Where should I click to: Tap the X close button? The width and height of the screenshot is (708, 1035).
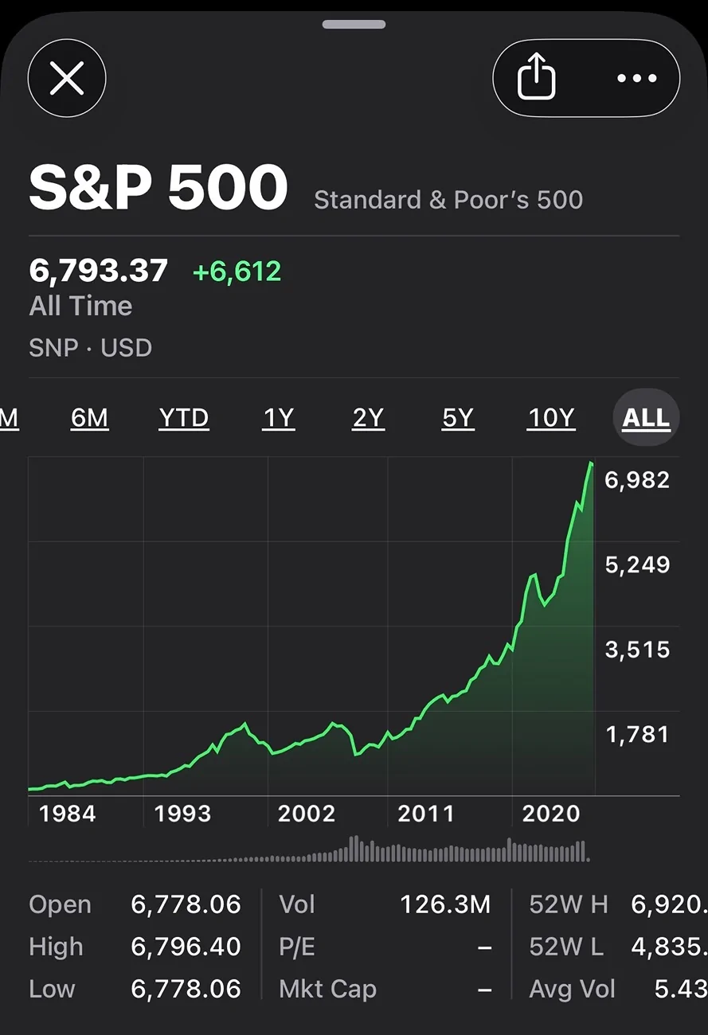(x=67, y=79)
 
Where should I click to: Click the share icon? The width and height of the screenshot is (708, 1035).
(x=536, y=79)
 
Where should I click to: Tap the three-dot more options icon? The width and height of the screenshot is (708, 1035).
(x=636, y=79)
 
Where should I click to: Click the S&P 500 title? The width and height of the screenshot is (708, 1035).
(x=158, y=189)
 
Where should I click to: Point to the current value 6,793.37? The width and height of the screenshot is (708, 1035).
(x=99, y=271)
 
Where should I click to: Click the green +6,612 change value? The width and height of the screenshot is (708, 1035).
(x=237, y=271)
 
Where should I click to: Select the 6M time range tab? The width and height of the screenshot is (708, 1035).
(x=89, y=418)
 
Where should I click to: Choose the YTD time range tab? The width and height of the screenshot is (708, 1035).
(x=183, y=418)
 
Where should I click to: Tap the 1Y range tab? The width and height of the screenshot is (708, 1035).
(x=278, y=418)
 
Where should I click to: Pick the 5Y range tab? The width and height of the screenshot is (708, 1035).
(x=457, y=418)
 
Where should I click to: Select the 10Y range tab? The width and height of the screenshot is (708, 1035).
(x=551, y=418)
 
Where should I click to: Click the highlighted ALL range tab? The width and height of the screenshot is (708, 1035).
(x=646, y=418)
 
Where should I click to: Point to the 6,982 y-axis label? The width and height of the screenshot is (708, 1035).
(x=637, y=480)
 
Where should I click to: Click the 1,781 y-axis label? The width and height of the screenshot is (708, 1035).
(x=637, y=734)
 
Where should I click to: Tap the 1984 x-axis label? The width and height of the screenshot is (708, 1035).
(x=68, y=814)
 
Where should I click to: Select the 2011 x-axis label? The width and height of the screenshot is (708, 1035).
(x=426, y=814)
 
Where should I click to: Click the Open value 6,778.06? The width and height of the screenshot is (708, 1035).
(x=186, y=904)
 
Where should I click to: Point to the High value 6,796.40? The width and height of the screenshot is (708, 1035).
(x=186, y=947)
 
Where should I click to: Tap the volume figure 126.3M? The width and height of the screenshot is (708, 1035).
(x=445, y=904)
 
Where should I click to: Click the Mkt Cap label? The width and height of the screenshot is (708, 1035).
(x=327, y=989)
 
